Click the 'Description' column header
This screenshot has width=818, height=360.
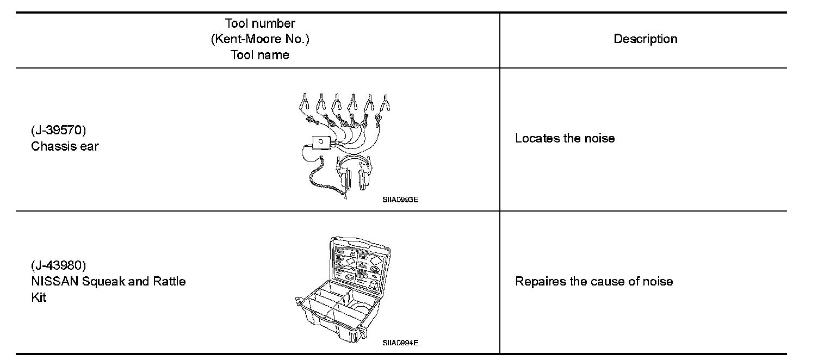click(645, 39)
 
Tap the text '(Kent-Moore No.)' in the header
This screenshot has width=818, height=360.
click(260, 39)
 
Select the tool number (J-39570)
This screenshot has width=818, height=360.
click(58, 131)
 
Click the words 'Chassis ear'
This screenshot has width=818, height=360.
click(65, 146)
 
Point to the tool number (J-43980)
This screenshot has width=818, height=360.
click(58, 266)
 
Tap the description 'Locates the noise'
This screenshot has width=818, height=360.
click(565, 138)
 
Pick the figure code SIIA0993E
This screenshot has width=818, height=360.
click(400, 200)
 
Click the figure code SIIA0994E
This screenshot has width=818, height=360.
click(400, 343)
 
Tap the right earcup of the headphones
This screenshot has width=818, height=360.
click(364, 178)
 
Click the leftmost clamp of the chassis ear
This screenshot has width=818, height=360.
click(305, 102)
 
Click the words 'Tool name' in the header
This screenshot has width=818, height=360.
click(259, 55)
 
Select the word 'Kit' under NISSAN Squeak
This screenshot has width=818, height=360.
click(39, 297)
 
